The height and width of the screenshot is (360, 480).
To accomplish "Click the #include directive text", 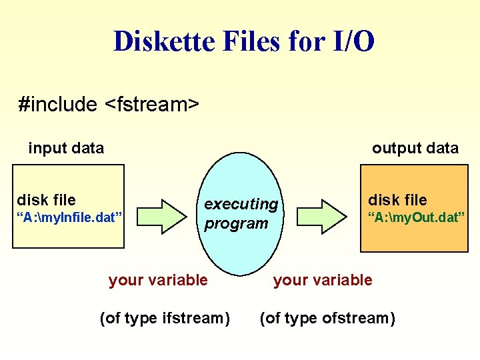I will [59, 104].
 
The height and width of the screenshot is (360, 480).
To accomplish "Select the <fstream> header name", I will [153, 104].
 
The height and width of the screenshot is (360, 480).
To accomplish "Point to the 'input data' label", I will [66, 148].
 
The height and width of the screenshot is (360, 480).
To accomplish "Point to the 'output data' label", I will [415, 148].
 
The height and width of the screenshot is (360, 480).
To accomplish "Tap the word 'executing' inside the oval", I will [241, 204].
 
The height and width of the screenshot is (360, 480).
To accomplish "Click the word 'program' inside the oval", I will [236, 223].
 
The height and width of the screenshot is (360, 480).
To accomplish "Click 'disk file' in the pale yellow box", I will [46, 199].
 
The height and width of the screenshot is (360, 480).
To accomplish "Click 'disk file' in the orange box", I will [397, 199].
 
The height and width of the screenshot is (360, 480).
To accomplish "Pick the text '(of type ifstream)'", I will [164, 318].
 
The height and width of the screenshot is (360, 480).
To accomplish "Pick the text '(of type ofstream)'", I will [327, 318].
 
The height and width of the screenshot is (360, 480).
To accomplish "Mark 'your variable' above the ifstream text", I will [158, 280].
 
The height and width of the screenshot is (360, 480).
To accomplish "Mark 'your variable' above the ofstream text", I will [323, 280].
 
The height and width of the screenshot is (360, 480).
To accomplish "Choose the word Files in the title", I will [246, 41].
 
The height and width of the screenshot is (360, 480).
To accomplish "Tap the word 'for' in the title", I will [304, 41].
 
